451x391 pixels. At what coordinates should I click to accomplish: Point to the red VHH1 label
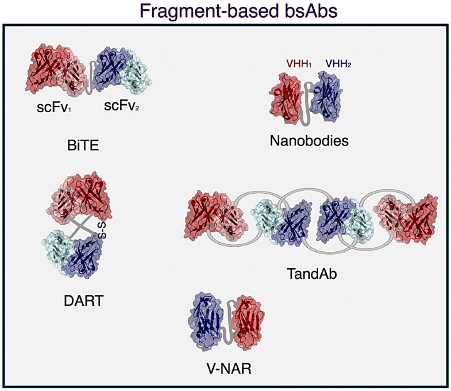click(x=298, y=64)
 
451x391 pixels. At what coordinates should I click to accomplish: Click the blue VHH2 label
click(x=338, y=64)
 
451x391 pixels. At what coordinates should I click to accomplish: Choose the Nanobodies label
click(x=309, y=140)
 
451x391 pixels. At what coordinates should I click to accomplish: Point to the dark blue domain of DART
click(x=84, y=258)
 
